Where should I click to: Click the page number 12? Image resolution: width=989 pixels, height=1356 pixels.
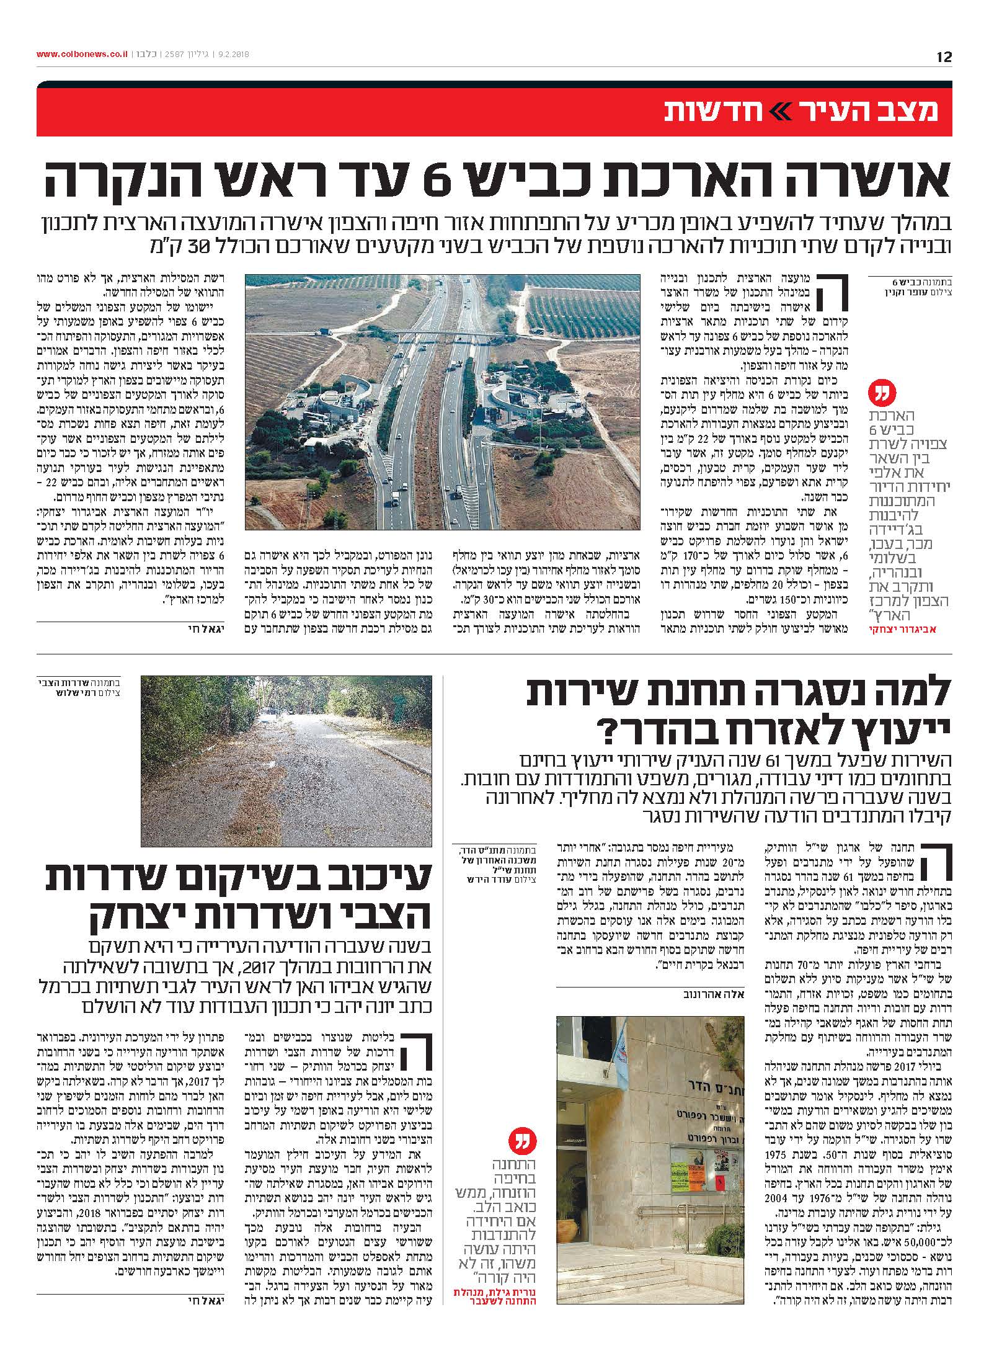coord(944,58)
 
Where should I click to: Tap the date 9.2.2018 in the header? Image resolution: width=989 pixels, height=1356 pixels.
coord(234,54)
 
